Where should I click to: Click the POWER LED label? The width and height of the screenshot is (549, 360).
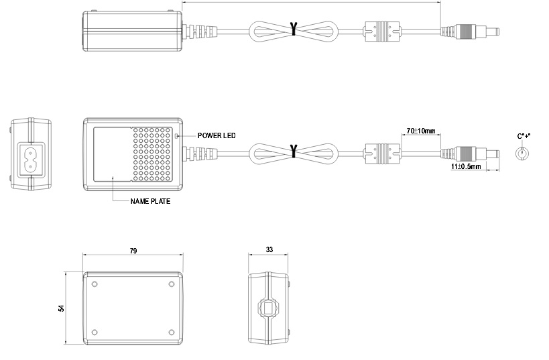[217, 135]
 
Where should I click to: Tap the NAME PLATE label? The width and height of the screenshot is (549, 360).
[150, 200]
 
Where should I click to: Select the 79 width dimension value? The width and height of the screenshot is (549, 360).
[133, 251]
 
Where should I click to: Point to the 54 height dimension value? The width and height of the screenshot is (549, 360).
[61, 308]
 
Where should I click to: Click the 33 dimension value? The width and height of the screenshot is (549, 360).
[269, 249]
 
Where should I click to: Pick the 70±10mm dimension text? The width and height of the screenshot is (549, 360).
[421, 130]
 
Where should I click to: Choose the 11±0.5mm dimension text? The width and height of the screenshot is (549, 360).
[467, 166]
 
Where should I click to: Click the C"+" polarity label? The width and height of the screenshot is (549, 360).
[524, 136]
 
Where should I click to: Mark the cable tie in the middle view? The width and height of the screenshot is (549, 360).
[293, 151]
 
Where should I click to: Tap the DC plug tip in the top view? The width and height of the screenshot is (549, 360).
[494, 31]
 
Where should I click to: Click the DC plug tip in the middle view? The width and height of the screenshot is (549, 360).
[494, 153]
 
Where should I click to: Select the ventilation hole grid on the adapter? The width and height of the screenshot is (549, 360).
[150, 155]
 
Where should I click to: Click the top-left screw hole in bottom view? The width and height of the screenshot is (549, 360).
[95, 284]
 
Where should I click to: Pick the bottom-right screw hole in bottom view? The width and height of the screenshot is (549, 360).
[172, 333]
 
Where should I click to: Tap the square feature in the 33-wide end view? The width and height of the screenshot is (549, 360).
[269, 309]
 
